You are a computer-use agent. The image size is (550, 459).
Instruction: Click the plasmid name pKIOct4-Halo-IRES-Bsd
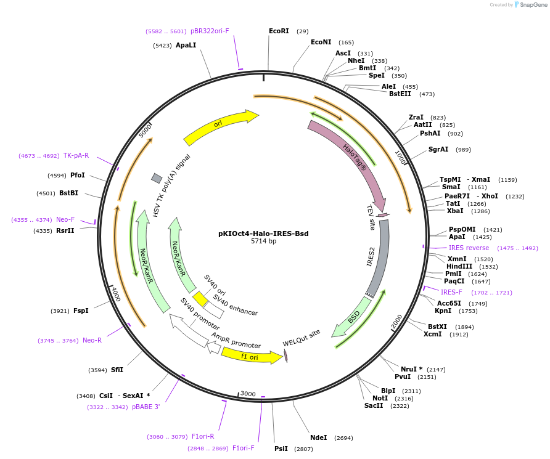263,234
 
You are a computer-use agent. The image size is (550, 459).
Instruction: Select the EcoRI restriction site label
279,31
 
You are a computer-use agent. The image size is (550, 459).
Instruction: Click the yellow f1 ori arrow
250,356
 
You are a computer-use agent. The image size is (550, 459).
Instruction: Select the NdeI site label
319,437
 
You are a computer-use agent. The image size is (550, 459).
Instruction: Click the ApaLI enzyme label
186,46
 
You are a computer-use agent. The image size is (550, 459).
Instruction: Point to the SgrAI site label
439,150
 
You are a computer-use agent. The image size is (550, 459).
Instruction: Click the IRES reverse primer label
469,248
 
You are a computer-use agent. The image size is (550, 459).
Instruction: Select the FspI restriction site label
81,311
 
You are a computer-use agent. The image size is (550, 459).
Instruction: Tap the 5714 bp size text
263,242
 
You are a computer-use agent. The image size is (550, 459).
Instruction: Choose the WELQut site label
302,338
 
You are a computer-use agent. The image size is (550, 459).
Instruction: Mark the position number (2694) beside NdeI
343,438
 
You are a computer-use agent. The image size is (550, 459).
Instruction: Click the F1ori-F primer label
243,449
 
